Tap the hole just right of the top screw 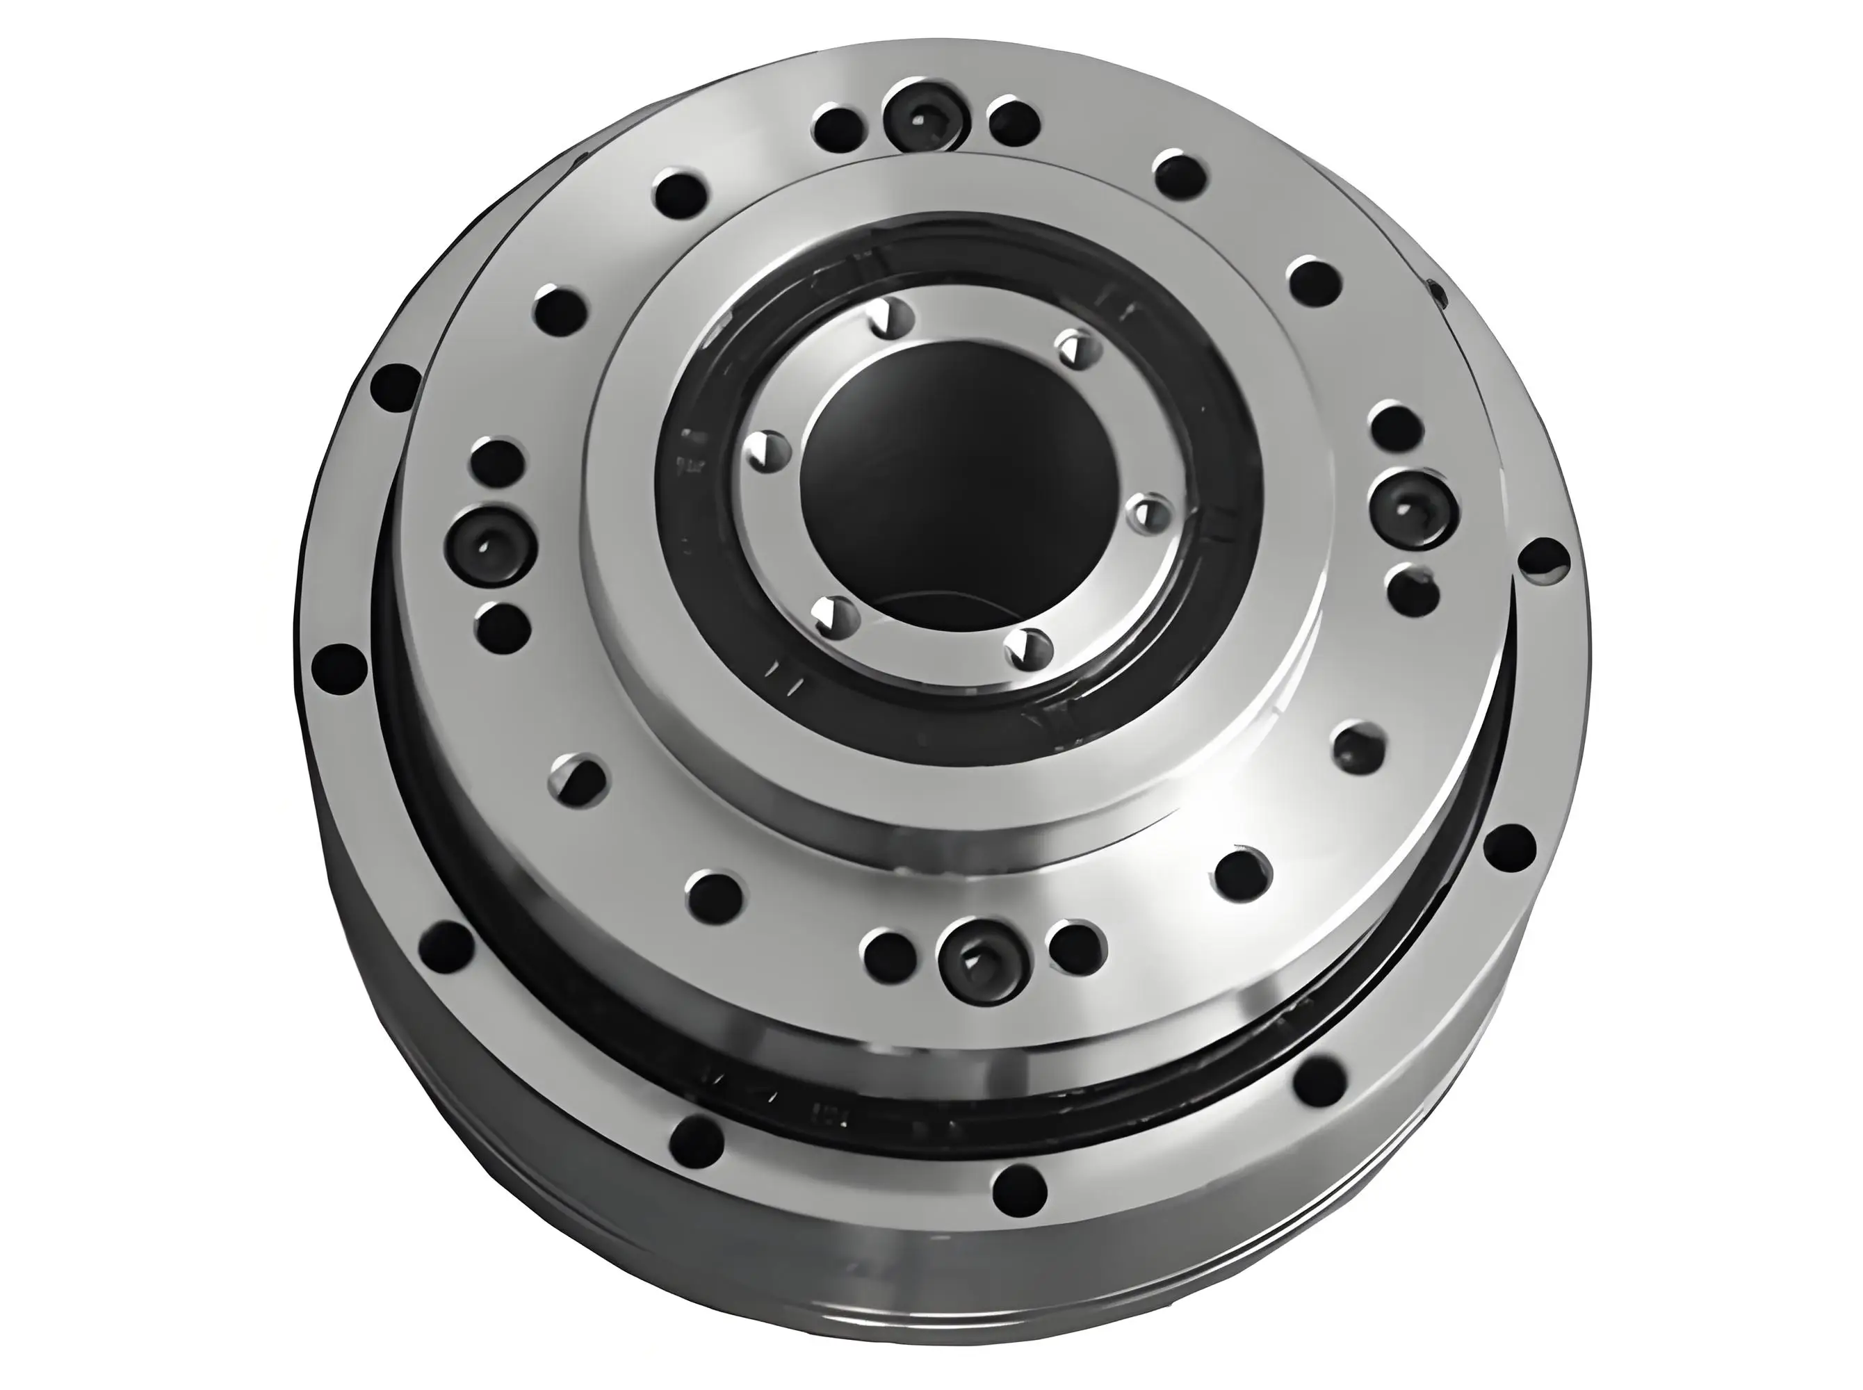point(1013,124)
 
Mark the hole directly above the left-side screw point(498,464)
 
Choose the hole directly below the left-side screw point(503,627)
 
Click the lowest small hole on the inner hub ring point(1028,650)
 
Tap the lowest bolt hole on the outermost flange point(1019,1191)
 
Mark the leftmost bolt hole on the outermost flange point(339,671)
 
